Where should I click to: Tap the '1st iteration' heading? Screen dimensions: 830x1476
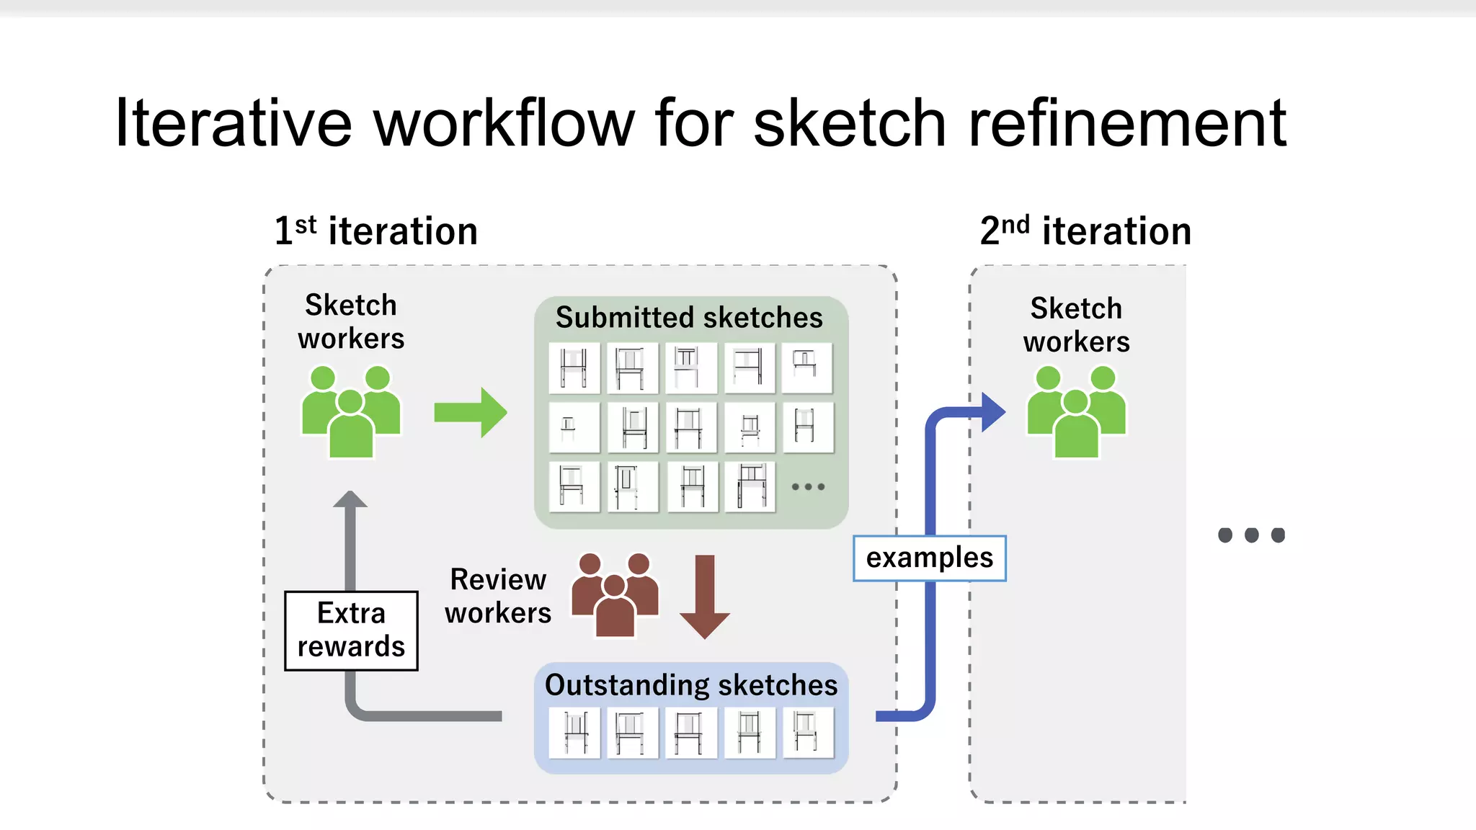point(375,231)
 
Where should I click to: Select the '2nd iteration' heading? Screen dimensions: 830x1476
point(1085,231)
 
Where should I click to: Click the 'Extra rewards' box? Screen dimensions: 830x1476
point(351,630)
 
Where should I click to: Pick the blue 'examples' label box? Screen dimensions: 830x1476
point(929,558)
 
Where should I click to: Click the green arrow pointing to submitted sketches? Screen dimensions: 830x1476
point(471,413)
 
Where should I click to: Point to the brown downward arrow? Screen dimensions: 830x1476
point(705,597)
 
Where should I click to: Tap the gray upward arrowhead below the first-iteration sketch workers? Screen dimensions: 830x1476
point(350,500)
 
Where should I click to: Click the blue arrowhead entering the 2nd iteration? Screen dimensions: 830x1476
point(992,412)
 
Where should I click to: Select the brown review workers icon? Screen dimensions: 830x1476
point(615,594)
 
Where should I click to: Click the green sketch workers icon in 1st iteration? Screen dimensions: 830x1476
point(351,412)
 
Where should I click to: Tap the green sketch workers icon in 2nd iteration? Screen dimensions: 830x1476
point(1076,412)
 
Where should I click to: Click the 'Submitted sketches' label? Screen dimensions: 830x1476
point(689,318)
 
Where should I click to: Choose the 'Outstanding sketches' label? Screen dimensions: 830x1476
point(691,685)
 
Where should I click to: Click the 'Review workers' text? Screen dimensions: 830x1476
point(497,596)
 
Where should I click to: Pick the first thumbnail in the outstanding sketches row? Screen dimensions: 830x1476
point(574,733)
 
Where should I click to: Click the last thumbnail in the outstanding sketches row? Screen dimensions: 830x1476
point(807,733)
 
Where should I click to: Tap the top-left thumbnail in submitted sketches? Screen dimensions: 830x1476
point(574,367)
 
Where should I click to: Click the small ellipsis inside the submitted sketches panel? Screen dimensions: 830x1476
point(808,487)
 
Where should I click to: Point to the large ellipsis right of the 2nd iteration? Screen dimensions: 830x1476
point(1251,535)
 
